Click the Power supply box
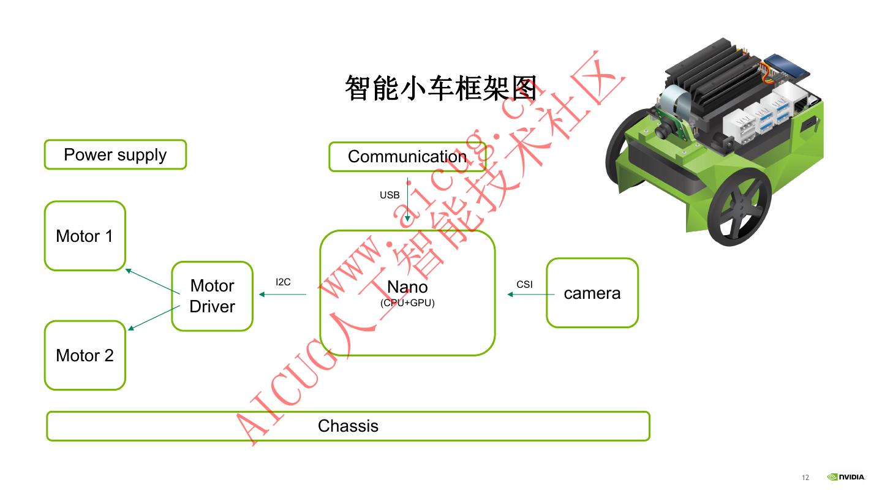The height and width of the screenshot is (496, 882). pyautogui.click(x=115, y=155)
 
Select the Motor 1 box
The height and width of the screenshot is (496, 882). pyautogui.click(x=85, y=236)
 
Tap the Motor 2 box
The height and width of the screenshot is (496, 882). pyautogui.click(x=85, y=356)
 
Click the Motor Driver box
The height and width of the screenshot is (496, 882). pyautogui.click(x=212, y=296)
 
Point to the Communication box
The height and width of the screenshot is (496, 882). pyautogui.click(x=407, y=157)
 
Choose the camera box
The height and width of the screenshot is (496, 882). pyautogui.click(x=592, y=293)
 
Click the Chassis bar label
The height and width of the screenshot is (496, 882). pyautogui.click(x=348, y=426)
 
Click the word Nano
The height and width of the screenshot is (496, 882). pyautogui.click(x=407, y=287)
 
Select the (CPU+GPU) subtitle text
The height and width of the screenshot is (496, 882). pyautogui.click(x=407, y=302)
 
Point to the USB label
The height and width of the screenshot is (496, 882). pyautogui.click(x=390, y=195)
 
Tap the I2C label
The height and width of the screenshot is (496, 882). pyautogui.click(x=283, y=282)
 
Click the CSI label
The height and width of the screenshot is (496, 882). pyautogui.click(x=524, y=285)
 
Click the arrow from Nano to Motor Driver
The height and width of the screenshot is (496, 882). pyautogui.click(x=282, y=295)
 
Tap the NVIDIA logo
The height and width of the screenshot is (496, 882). pyautogui.click(x=846, y=477)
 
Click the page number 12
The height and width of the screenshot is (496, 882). pyautogui.click(x=805, y=478)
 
